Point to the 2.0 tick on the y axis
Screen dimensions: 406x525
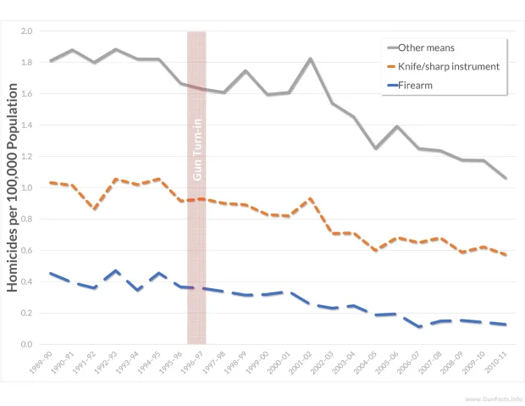(x=26, y=31)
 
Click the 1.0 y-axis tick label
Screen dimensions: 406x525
(x=26, y=188)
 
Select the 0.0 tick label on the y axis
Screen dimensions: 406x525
(x=26, y=345)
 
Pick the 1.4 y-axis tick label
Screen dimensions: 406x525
(x=26, y=125)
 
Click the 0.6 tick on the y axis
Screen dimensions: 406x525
(x=26, y=251)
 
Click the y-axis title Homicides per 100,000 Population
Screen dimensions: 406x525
(x=13, y=187)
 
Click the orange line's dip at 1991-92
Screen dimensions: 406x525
(x=96, y=209)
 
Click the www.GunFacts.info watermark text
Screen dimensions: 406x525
(x=493, y=398)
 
